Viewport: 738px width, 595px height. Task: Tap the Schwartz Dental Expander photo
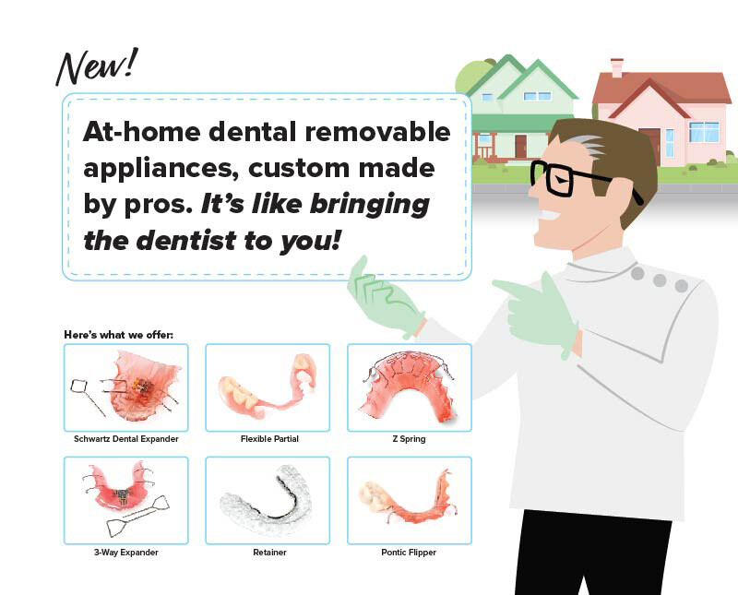click(x=125, y=387)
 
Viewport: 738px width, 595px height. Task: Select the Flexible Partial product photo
click(x=268, y=387)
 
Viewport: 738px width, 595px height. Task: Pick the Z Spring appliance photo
click(x=409, y=387)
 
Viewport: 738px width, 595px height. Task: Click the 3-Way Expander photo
click(x=125, y=500)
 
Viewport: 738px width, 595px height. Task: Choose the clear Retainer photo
click(x=268, y=500)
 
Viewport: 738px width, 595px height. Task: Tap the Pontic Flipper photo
click(x=409, y=500)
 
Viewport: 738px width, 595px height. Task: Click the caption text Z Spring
click(x=409, y=439)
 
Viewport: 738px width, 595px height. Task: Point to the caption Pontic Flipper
click(x=409, y=553)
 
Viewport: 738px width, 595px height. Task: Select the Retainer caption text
click(x=268, y=553)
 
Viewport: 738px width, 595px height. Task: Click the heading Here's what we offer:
click(x=118, y=334)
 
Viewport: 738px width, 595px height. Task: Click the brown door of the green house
click(x=520, y=146)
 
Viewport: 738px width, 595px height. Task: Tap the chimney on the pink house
click(x=616, y=65)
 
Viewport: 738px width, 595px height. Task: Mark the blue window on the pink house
click(x=704, y=131)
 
